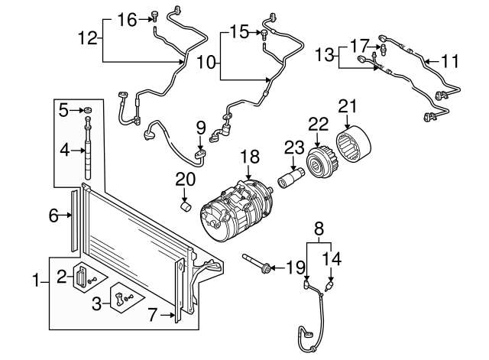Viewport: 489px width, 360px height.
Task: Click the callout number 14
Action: [x=332, y=258]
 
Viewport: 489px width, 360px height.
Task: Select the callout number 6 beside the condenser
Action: [x=54, y=216]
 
